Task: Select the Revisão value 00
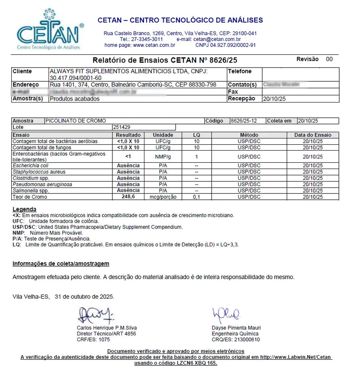329,59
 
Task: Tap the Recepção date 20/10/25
274,99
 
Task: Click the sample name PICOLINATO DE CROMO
76,121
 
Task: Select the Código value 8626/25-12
247,121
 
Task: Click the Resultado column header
128,135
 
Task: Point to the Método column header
249,135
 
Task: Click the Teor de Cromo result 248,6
128,197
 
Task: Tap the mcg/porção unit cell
163,197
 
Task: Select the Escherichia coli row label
31,165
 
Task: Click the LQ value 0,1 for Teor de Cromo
196,197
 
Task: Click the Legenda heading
24,210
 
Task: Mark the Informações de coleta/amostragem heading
61,264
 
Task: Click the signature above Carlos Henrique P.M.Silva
95,315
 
